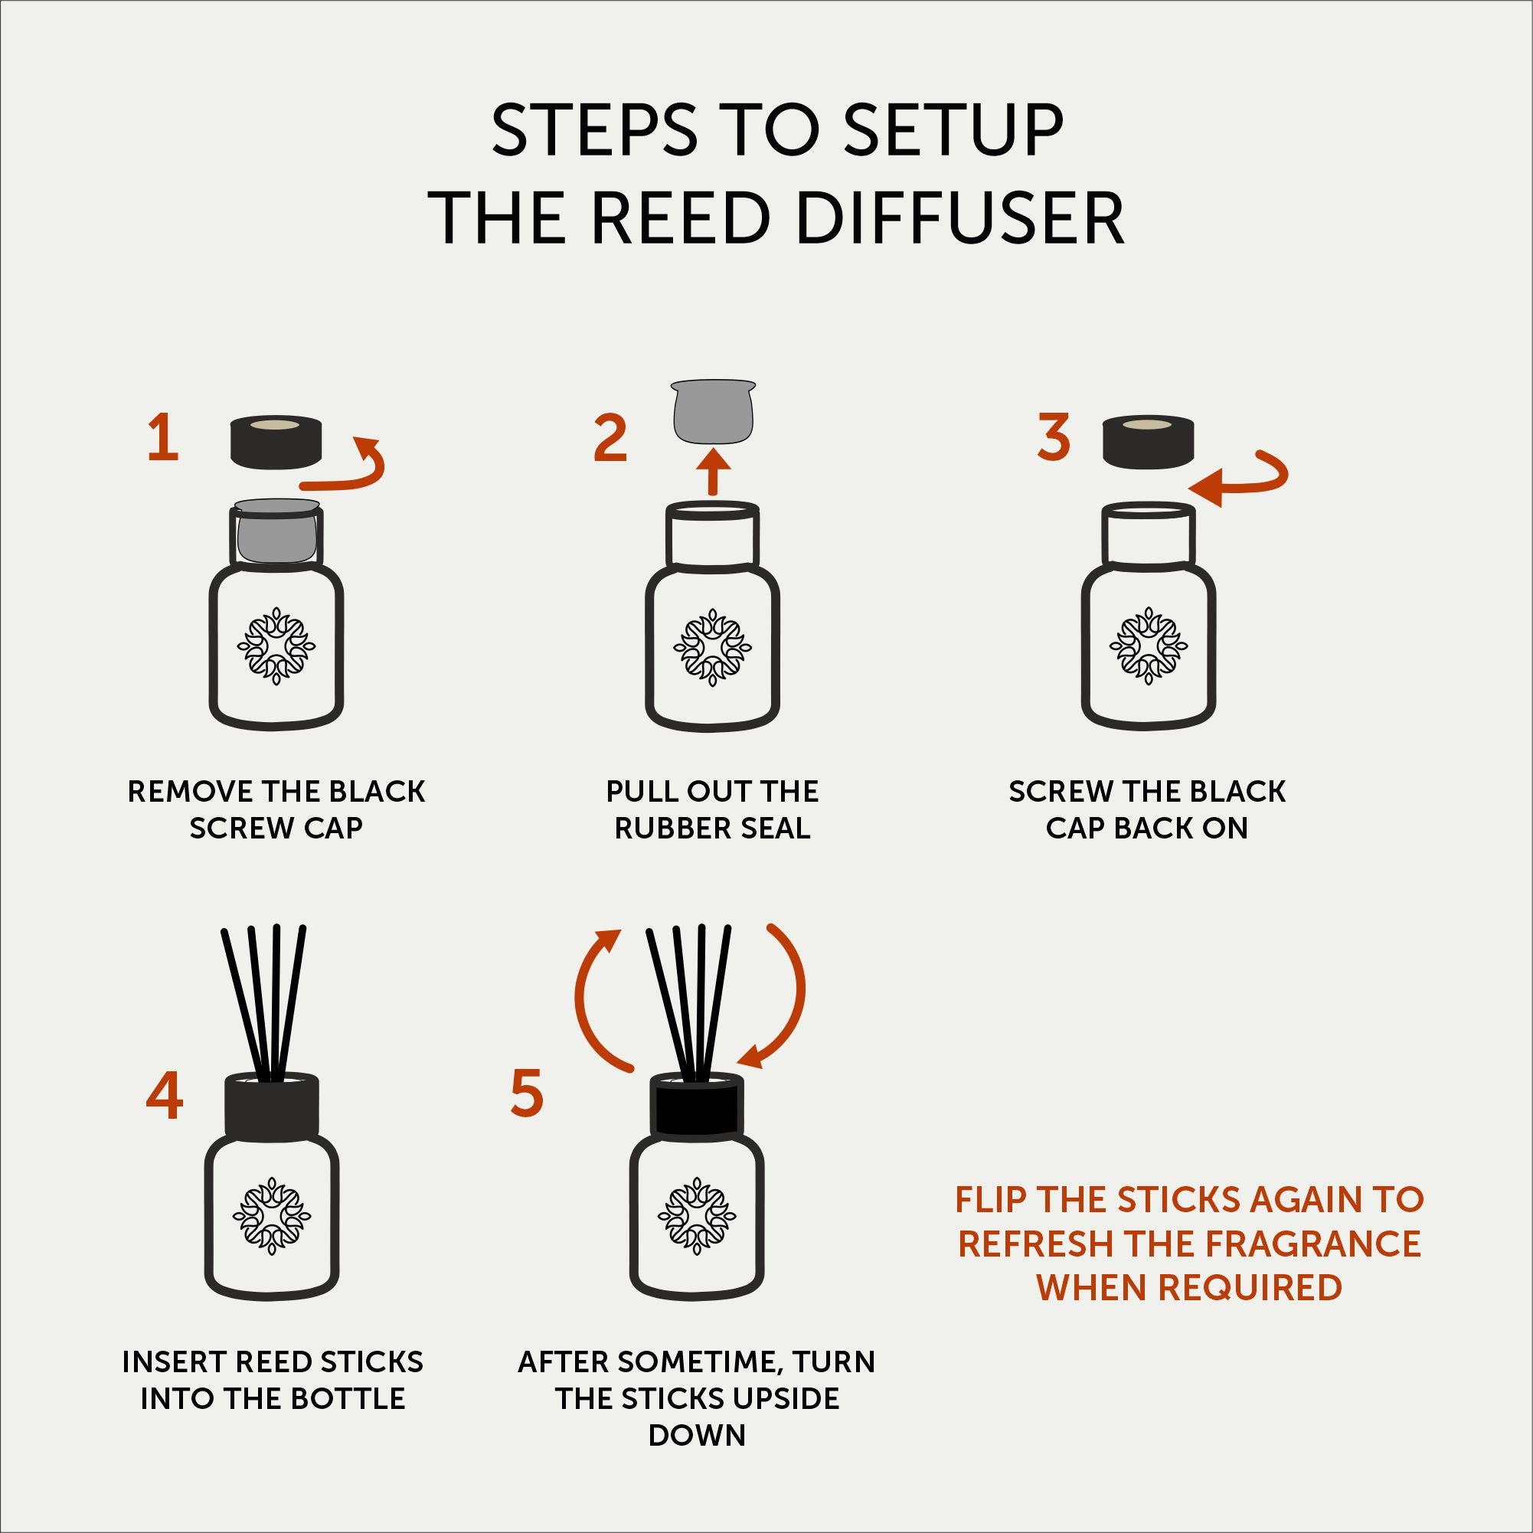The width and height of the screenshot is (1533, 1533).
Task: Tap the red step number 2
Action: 610,439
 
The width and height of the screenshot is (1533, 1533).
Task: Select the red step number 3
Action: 1054,437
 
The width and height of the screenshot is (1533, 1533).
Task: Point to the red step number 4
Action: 165,1096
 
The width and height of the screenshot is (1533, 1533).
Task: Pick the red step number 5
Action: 528,1093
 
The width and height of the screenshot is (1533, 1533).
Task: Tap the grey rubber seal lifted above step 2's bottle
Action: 713,411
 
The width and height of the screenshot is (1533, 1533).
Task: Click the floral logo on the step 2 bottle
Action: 713,647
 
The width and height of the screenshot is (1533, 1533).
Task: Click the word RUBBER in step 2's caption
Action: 665,829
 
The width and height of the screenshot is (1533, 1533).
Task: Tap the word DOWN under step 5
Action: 697,1436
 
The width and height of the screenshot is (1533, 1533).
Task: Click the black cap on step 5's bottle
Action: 696,1104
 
